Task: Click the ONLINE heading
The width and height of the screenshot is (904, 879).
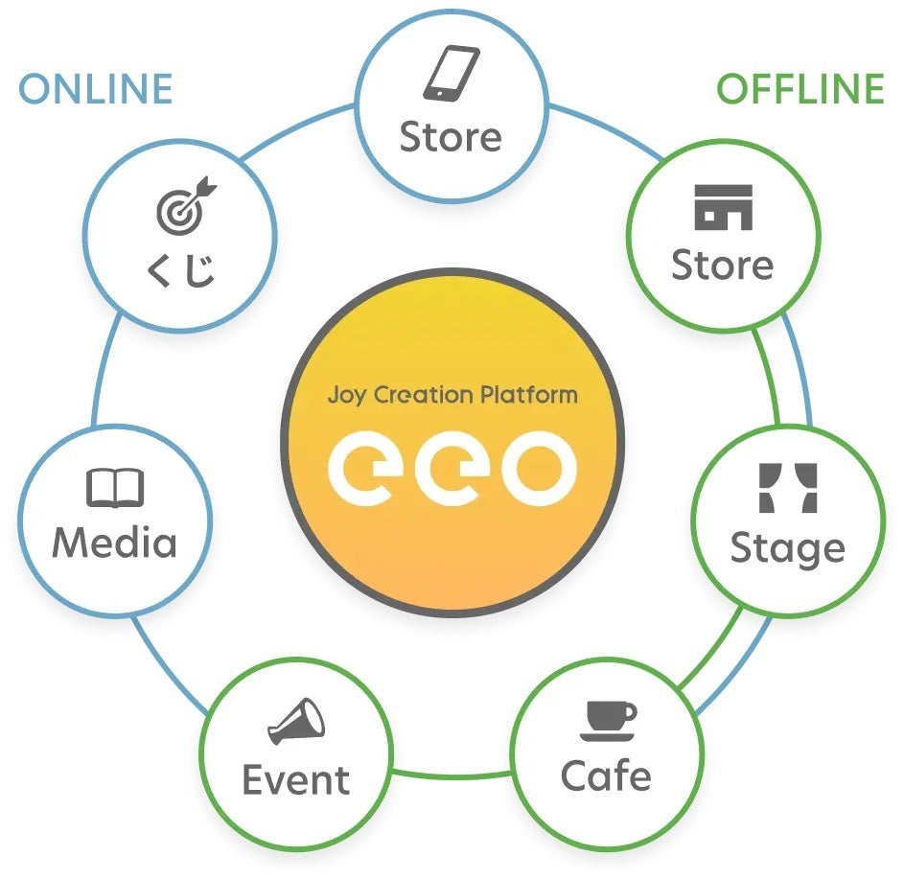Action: point(96,89)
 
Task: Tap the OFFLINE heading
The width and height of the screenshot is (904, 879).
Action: point(800,89)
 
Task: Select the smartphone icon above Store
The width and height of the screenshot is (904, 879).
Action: point(451,75)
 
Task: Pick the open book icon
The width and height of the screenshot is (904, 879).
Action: point(115,488)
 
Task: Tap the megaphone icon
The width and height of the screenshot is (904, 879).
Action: point(297,722)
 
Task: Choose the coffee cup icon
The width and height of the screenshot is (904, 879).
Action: point(608,720)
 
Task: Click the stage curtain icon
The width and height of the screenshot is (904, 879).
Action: point(788,488)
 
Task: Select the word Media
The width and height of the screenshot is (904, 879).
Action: point(115,543)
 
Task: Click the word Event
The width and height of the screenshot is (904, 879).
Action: point(296,780)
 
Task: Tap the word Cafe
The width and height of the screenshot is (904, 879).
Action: point(606,775)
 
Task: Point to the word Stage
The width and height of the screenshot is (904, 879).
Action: point(788,549)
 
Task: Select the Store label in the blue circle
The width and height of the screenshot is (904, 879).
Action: point(451,137)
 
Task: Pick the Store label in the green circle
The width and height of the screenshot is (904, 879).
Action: point(723,265)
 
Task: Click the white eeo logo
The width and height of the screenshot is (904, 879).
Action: point(452,467)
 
